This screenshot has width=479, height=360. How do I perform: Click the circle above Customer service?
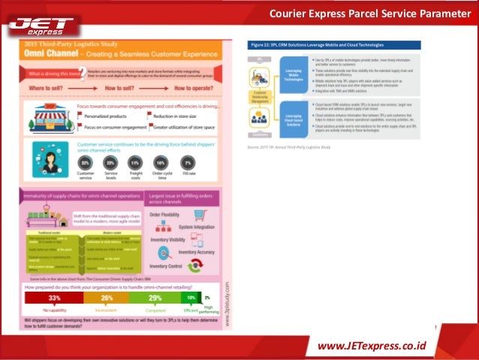[86, 162]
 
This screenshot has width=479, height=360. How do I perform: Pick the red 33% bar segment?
[54, 298]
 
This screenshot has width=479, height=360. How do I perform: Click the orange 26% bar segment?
[107, 298]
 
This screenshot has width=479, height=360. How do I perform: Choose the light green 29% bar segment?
[155, 298]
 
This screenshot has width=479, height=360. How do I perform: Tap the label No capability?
[55, 310]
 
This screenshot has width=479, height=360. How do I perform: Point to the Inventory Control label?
[167, 266]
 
